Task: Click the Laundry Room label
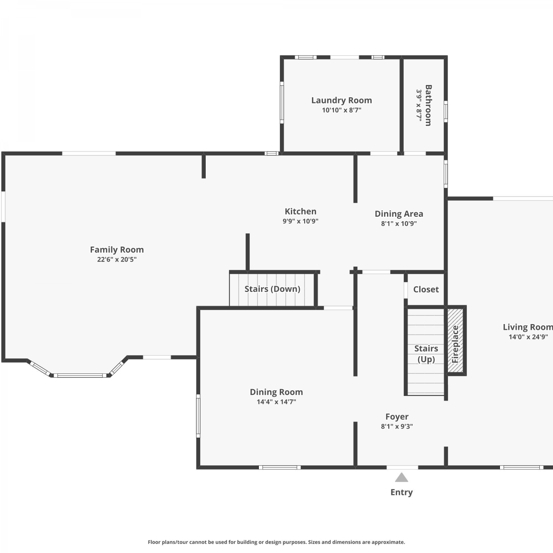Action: pyautogui.click(x=341, y=100)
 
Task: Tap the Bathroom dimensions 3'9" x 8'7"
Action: pyautogui.click(x=419, y=105)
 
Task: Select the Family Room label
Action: pyautogui.click(x=117, y=250)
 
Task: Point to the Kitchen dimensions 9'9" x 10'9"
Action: pyautogui.click(x=300, y=221)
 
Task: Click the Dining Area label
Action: pyautogui.click(x=399, y=214)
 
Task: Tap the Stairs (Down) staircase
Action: pyautogui.click(x=272, y=289)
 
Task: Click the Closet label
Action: pyautogui.click(x=426, y=289)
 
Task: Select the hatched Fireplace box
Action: pyautogui.click(x=455, y=341)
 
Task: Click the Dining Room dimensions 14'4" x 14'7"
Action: pyautogui.click(x=276, y=402)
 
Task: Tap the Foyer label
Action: pyautogui.click(x=397, y=417)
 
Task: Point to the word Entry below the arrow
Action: pyautogui.click(x=401, y=493)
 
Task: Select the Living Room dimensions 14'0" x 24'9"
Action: pyautogui.click(x=528, y=337)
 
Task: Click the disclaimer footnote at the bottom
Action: pyautogui.click(x=276, y=542)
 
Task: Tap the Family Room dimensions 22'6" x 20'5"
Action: pyautogui.click(x=117, y=260)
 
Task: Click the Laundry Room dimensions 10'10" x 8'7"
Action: pyautogui.click(x=341, y=110)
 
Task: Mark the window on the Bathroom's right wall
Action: pyautogui.click(x=445, y=111)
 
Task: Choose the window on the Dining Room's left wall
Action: pyautogui.click(x=198, y=415)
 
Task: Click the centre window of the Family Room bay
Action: pyautogui.click(x=80, y=376)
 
